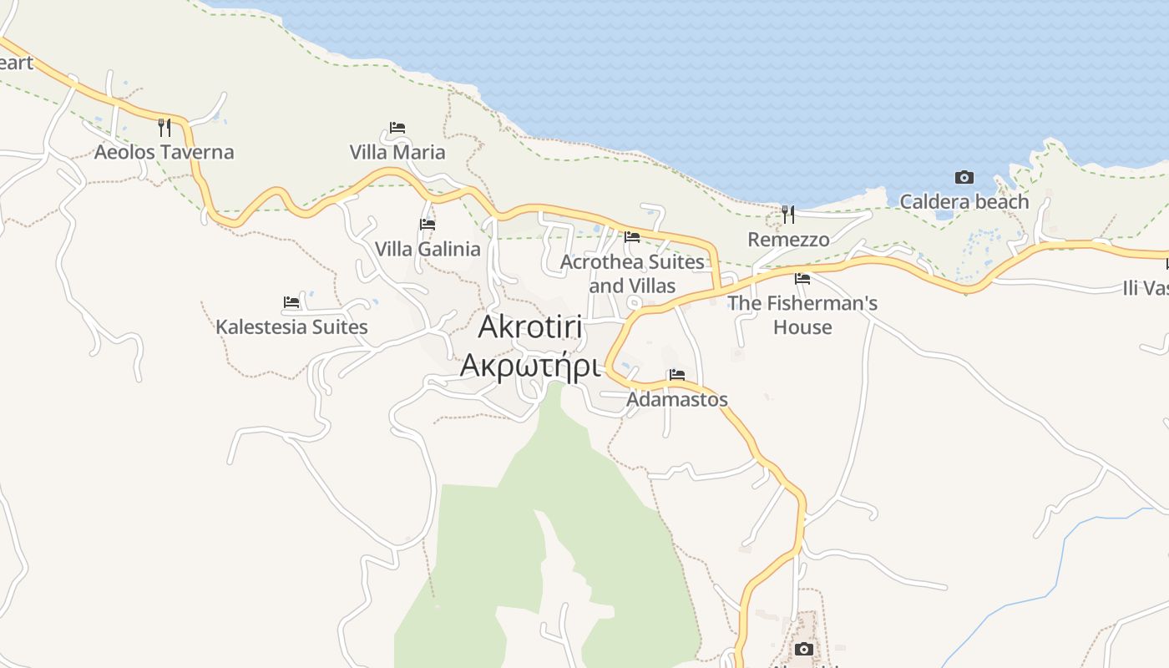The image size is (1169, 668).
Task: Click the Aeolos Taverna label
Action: tap(164, 152)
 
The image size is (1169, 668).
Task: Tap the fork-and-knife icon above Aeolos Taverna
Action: tap(164, 127)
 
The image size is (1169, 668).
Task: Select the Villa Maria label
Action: tap(397, 153)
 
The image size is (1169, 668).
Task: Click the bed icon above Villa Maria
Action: tap(397, 128)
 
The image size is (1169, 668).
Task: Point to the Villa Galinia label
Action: tap(428, 249)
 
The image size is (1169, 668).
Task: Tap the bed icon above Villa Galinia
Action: tap(428, 224)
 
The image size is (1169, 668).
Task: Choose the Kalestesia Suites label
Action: tap(291, 326)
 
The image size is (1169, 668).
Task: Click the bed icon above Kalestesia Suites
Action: tap(291, 301)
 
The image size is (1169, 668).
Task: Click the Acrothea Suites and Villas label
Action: tap(632, 274)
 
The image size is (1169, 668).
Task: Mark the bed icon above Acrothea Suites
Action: tap(632, 237)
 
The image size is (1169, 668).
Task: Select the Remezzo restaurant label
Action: tap(788, 240)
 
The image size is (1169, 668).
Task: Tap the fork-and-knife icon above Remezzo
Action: tap(788, 215)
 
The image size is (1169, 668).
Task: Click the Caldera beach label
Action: tap(964, 202)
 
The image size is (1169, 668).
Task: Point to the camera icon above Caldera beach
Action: tap(964, 177)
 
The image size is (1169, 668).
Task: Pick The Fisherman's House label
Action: tap(802, 315)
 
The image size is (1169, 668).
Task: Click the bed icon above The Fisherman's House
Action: tap(802, 278)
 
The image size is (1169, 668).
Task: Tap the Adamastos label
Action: tap(677, 399)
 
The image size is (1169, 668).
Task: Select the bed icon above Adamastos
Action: tap(677, 374)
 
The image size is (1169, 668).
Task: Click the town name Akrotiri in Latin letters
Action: tap(530, 327)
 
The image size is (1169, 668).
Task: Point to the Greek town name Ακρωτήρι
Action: tap(530, 365)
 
